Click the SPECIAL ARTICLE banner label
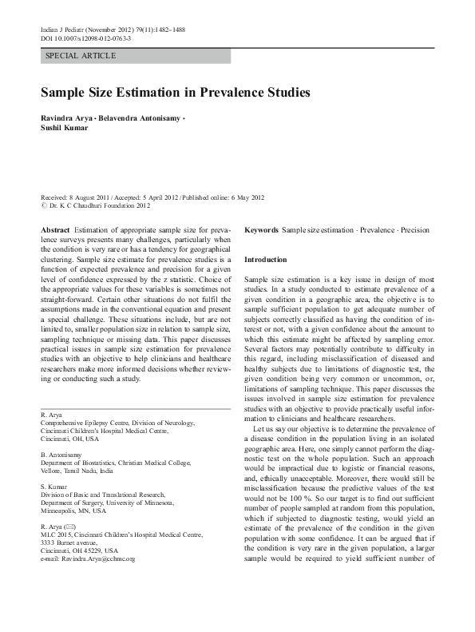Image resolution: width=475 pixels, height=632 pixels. (x=81, y=56)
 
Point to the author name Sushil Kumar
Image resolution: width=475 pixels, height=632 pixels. (x=65, y=128)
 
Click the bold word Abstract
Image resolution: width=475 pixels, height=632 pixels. (x=55, y=230)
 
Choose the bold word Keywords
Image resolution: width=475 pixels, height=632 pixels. (x=261, y=230)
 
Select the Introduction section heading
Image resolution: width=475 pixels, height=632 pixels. (x=264, y=260)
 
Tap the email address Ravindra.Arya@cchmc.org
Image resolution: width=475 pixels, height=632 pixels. (x=96, y=537)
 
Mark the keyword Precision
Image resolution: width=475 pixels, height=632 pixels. (x=414, y=230)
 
